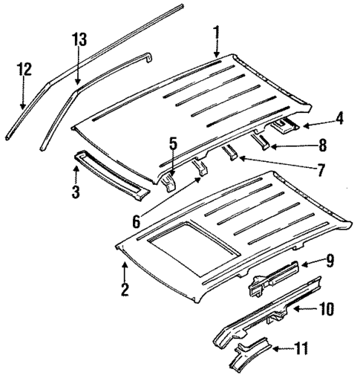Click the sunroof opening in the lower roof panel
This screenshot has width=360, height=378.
point(189,242)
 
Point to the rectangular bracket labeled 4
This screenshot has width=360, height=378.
point(284,126)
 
